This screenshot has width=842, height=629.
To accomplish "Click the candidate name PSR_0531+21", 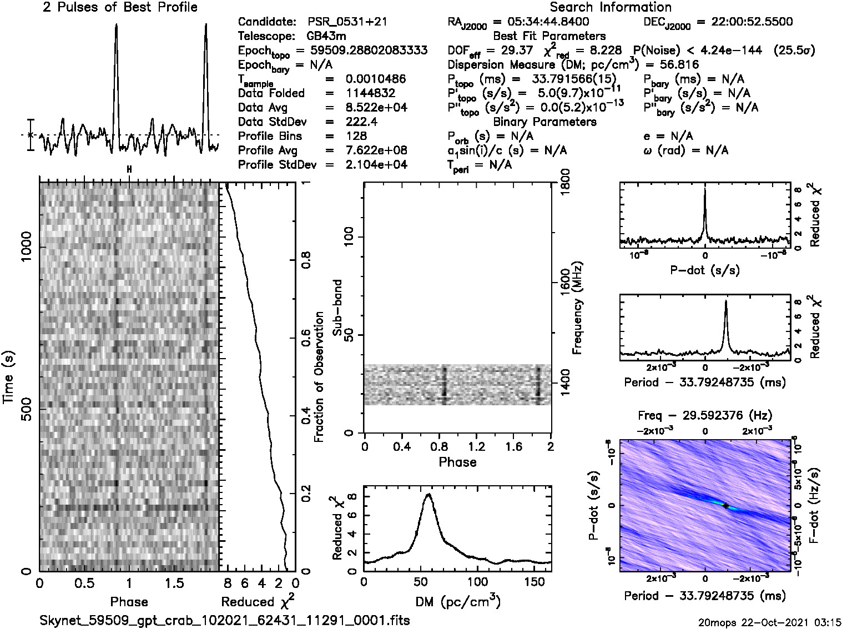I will (347, 22).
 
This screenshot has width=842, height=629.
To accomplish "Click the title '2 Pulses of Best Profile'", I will (120, 7).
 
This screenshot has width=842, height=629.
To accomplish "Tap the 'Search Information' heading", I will (611, 7).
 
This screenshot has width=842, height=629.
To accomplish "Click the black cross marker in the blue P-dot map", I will (725, 506).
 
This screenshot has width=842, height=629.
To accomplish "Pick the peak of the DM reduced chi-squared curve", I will (428, 495).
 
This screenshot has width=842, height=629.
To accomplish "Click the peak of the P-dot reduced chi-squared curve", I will (705, 190).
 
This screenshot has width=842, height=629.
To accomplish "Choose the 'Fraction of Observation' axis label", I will (319, 377).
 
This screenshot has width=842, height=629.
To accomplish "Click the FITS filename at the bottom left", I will (225, 620).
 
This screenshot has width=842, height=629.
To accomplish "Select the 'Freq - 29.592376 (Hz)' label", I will (705, 415).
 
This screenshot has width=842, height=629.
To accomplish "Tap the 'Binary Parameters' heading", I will (544, 122).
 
